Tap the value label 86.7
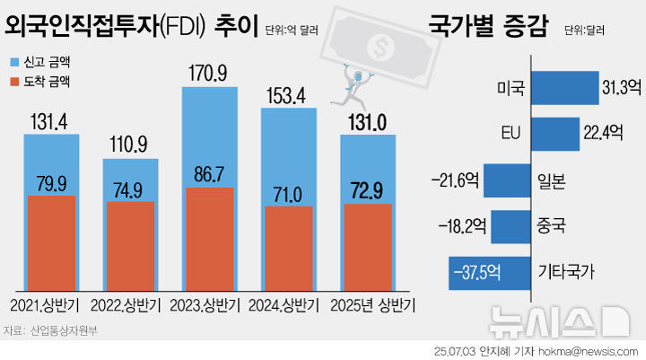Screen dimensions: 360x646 click(209, 174)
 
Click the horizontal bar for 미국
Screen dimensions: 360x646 click(565, 87)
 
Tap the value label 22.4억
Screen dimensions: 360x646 click(603, 132)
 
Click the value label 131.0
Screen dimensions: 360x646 click(367, 123)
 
